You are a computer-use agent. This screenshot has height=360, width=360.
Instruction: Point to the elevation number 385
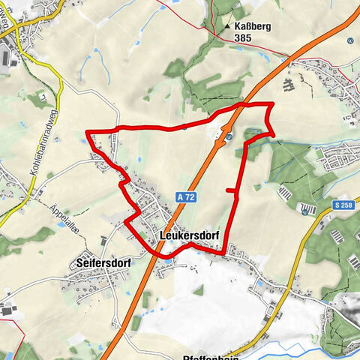click(243, 37)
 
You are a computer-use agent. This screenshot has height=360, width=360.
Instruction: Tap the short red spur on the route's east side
click(232, 192)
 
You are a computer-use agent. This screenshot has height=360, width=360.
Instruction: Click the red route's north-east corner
click(269, 103)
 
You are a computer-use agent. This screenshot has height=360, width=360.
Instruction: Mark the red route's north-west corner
click(88, 133)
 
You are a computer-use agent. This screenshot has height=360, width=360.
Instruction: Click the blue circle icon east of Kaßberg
click(349, 40)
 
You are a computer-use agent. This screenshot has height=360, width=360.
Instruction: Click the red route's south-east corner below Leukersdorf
click(223, 253)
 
